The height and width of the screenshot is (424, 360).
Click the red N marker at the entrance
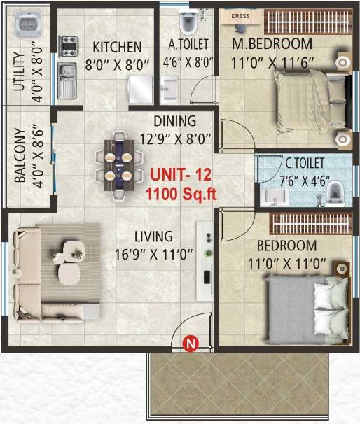pyautogui.click(x=189, y=343)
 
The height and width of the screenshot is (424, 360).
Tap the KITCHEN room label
pyautogui.click(x=118, y=48)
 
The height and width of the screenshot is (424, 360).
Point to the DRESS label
pyautogui.click(x=240, y=15)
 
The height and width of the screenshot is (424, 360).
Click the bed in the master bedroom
pyautogui.click(x=308, y=99)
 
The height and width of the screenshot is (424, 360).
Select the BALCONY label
pyautogui.click(x=20, y=155)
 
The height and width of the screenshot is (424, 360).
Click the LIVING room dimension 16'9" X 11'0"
pyautogui.click(x=155, y=254)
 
